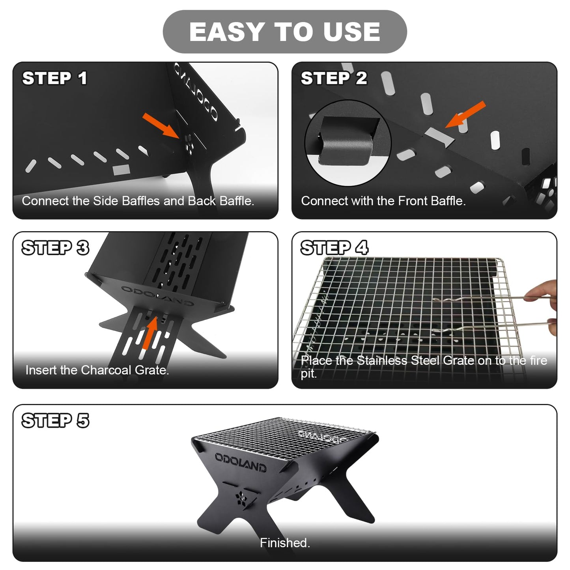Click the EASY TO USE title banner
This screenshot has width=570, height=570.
284,32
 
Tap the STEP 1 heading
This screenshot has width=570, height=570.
54,78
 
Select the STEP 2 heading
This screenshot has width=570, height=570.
334,78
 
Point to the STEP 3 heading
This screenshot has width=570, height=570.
55,248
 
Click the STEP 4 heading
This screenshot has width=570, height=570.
334,248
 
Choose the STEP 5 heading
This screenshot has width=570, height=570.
55,420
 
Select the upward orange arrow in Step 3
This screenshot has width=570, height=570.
150,333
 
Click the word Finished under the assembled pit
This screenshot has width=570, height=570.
284,543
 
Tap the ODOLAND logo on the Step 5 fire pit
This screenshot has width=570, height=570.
240,462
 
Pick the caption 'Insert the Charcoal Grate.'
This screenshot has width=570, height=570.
97,370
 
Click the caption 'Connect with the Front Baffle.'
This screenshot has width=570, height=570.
383,201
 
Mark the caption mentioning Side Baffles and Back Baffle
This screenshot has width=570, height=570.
138,201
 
